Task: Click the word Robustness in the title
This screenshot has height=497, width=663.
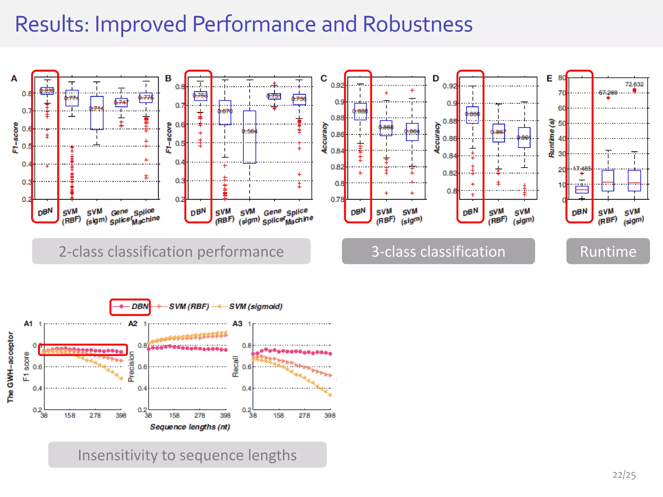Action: (417, 24)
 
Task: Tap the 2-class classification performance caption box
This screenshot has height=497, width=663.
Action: (171, 251)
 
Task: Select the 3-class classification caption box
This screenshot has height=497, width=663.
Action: (438, 251)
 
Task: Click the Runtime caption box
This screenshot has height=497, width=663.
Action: (608, 251)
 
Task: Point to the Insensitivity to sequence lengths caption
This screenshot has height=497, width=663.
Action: (187, 455)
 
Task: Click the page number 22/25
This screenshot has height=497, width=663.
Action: (624, 475)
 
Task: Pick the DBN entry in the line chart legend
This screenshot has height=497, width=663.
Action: (131, 306)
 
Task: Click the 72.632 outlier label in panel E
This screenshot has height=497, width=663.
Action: (634, 84)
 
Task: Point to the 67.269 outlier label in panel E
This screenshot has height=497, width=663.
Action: (608, 93)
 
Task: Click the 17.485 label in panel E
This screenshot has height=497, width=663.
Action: (582, 169)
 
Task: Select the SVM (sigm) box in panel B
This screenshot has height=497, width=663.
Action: (250, 137)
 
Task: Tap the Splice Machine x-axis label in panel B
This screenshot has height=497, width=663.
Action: (299, 216)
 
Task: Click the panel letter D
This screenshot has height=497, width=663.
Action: (436, 79)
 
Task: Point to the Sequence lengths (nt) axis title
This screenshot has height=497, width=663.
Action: (190, 427)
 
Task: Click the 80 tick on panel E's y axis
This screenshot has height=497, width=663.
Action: (562, 78)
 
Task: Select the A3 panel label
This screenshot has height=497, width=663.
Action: (237, 324)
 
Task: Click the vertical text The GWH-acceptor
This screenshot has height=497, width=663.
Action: (11, 367)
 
